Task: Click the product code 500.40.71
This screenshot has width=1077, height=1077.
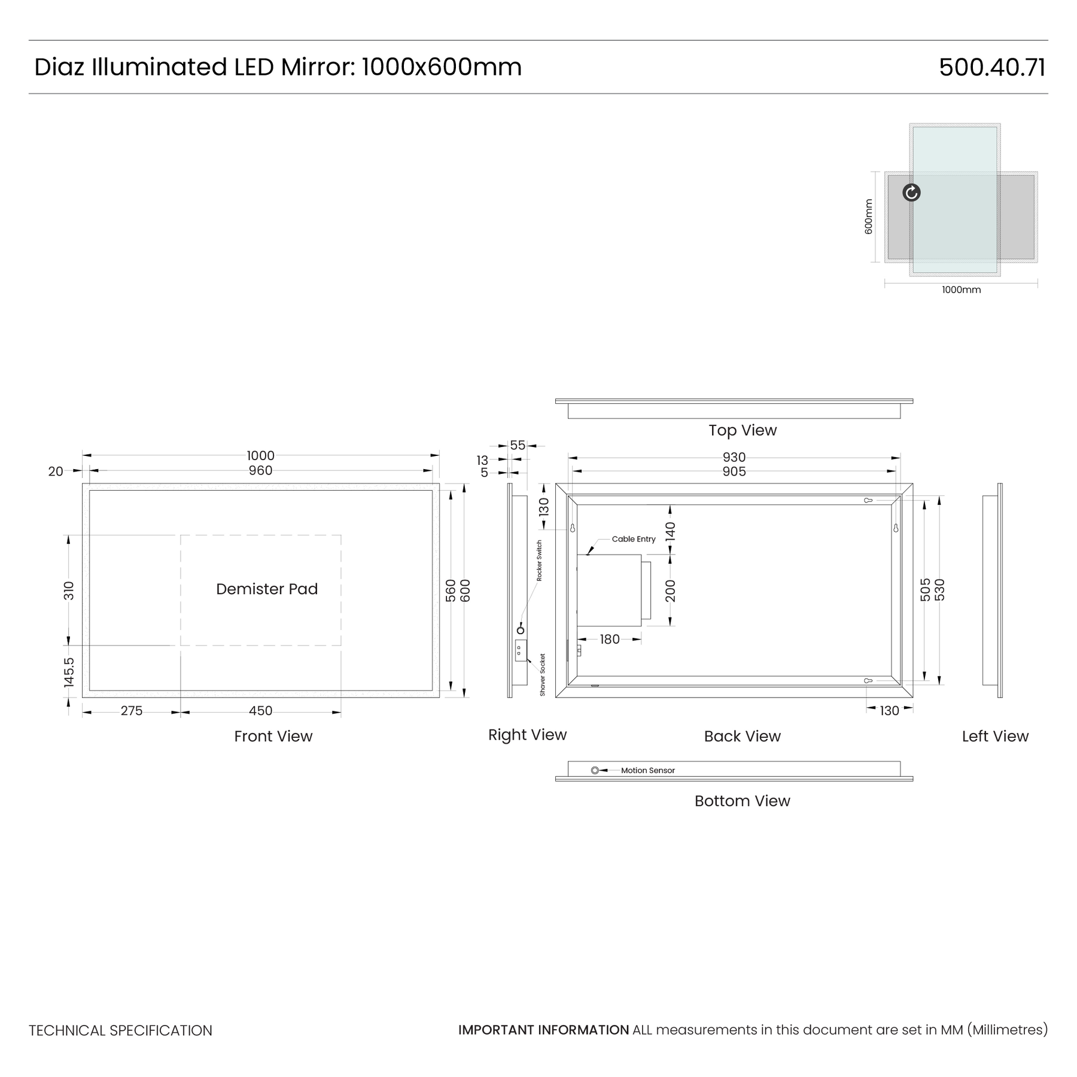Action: tap(992, 67)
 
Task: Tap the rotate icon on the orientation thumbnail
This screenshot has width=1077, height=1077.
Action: tap(911, 193)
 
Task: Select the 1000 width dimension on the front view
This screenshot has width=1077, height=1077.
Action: tap(260, 456)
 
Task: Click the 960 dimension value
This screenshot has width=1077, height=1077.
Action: tap(260, 471)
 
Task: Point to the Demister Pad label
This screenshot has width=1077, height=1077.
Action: tap(267, 589)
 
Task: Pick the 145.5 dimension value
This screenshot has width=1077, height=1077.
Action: tap(69, 672)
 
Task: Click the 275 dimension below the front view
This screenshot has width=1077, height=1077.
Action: tap(132, 711)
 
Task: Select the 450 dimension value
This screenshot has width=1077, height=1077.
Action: tap(260, 711)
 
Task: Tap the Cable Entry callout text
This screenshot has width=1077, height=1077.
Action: tap(634, 539)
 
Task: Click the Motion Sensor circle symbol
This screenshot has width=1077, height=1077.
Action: tap(595, 771)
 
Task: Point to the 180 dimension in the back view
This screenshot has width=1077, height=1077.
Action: tap(610, 640)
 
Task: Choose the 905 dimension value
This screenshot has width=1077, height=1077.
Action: tap(734, 471)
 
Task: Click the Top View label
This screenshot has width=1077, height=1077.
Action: tap(743, 431)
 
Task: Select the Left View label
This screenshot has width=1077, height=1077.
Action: tap(995, 737)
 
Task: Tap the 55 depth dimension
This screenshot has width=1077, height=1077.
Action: tap(518, 446)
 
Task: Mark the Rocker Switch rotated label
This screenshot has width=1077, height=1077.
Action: tap(539, 561)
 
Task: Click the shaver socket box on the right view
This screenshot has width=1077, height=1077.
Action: tap(521, 650)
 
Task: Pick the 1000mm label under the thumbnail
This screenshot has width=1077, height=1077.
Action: tap(962, 290)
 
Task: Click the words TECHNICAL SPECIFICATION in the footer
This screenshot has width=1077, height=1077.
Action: tap(120, 1030)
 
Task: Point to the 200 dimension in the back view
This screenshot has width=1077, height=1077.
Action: tap(670, 591)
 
